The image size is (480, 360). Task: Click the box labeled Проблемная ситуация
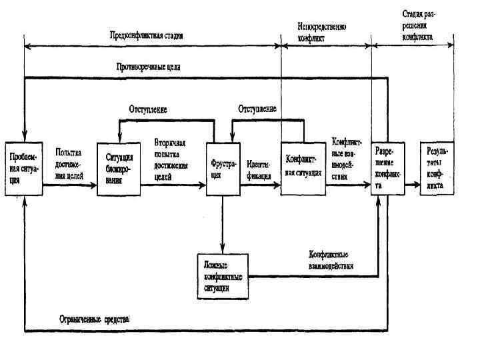pyautogui.click(x=24, y=167)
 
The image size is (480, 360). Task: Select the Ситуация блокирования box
pyautogui.click(x=119, y=167)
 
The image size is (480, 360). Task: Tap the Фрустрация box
pyautogui.click(x=223, y=167)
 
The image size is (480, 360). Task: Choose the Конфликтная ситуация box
pyautogui.click(x=303, y=167)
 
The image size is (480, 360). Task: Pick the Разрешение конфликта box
pyautogui.click(x=387, y=167)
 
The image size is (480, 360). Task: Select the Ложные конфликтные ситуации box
pyautogui.click(x=223, y=275)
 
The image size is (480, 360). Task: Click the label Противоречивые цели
pyautogui.click(x=148, y=67)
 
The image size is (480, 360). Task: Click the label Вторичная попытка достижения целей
pyautogui.click(x=171, y=160)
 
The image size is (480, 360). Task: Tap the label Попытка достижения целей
pyautogui.click(x=69, y=164)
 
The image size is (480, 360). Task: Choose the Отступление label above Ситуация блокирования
pyautogui.click(x=147, y=109)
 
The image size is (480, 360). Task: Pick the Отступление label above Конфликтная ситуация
pyautogui.click(x=257, y=109)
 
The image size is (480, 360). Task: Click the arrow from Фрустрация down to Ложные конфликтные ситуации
pyautogui.click(x=223, y=224)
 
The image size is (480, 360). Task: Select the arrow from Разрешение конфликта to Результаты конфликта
pyautogui.click(x=412, y=187)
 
